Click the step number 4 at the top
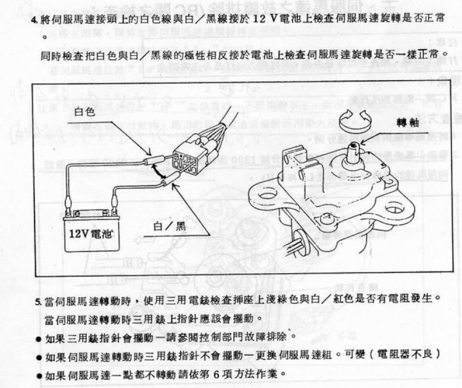tap(35, 18)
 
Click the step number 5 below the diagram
tap(38, 302)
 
